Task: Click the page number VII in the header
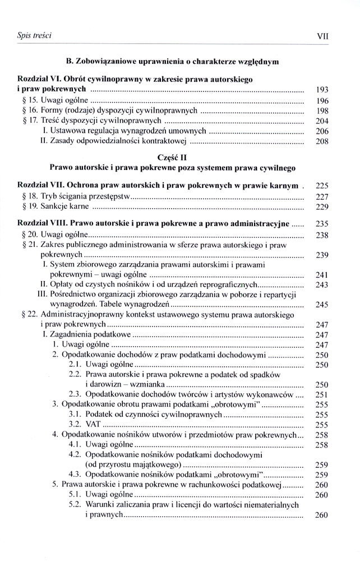[322, 35]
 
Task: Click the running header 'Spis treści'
[34, 35]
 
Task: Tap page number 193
[322, 90]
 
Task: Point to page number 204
[322, 121]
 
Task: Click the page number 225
[322, 186]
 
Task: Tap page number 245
[322, 305]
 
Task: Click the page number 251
[322, 395]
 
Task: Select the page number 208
[322, 141]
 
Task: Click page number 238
[322, 235]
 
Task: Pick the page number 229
[322, 207]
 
